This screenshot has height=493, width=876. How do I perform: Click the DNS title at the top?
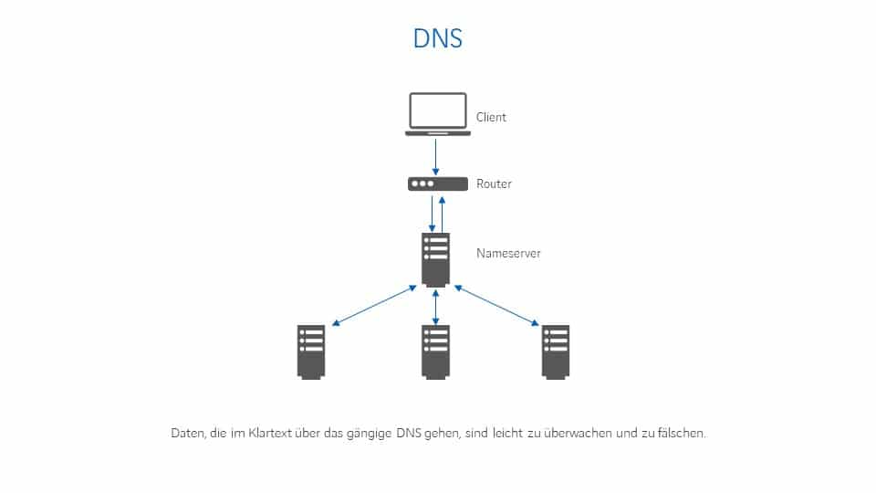pos(438,39)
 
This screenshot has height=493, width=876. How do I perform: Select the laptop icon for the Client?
pos(438,114)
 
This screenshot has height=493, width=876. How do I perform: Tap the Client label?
pos(491,118)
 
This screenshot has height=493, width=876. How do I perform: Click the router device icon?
pos(438,184)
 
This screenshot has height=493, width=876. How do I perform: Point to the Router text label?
pos(494,184)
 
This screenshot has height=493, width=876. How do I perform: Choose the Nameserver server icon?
pos(436,259)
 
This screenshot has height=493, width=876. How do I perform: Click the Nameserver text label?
pos(508,253)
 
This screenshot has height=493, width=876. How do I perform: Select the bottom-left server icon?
pos(311,351)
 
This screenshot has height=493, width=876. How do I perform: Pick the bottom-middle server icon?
pos(436,351)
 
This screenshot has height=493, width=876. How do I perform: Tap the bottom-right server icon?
pos(555,351)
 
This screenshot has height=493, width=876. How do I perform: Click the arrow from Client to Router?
pos(437,156)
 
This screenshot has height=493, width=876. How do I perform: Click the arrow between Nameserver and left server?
pos(374,306)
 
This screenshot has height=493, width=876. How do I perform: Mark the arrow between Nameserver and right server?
pos(496,306)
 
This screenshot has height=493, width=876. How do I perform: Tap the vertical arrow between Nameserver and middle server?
pos(436,307)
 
